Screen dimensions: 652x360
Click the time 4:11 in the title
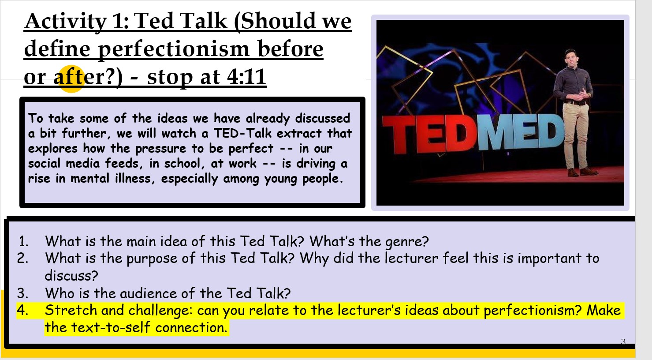pyautogui.click(x=246, y=77)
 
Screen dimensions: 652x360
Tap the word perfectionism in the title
pyautogui.click(x=173, y=49)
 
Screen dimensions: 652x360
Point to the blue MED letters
pyautogui.click(x=521, y=131)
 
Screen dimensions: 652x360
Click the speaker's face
pyautogui.click(x=571, y=59)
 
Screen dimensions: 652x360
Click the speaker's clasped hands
pyautogui.click(x=583, y=95)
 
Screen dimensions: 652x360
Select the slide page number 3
pyautogui.click(x=623, y=341)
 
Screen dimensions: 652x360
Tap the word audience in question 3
pyautogui.click(x=148, y=293)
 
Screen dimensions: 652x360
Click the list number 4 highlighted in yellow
pyautogui.click(x=22, y=310)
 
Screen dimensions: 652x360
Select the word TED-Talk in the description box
pyautogui.click(x=242, y=133)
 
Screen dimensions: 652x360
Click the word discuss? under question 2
pyautogui.click(x=71, y=276)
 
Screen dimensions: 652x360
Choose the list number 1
pyautogui.click(x=23, y=242)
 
